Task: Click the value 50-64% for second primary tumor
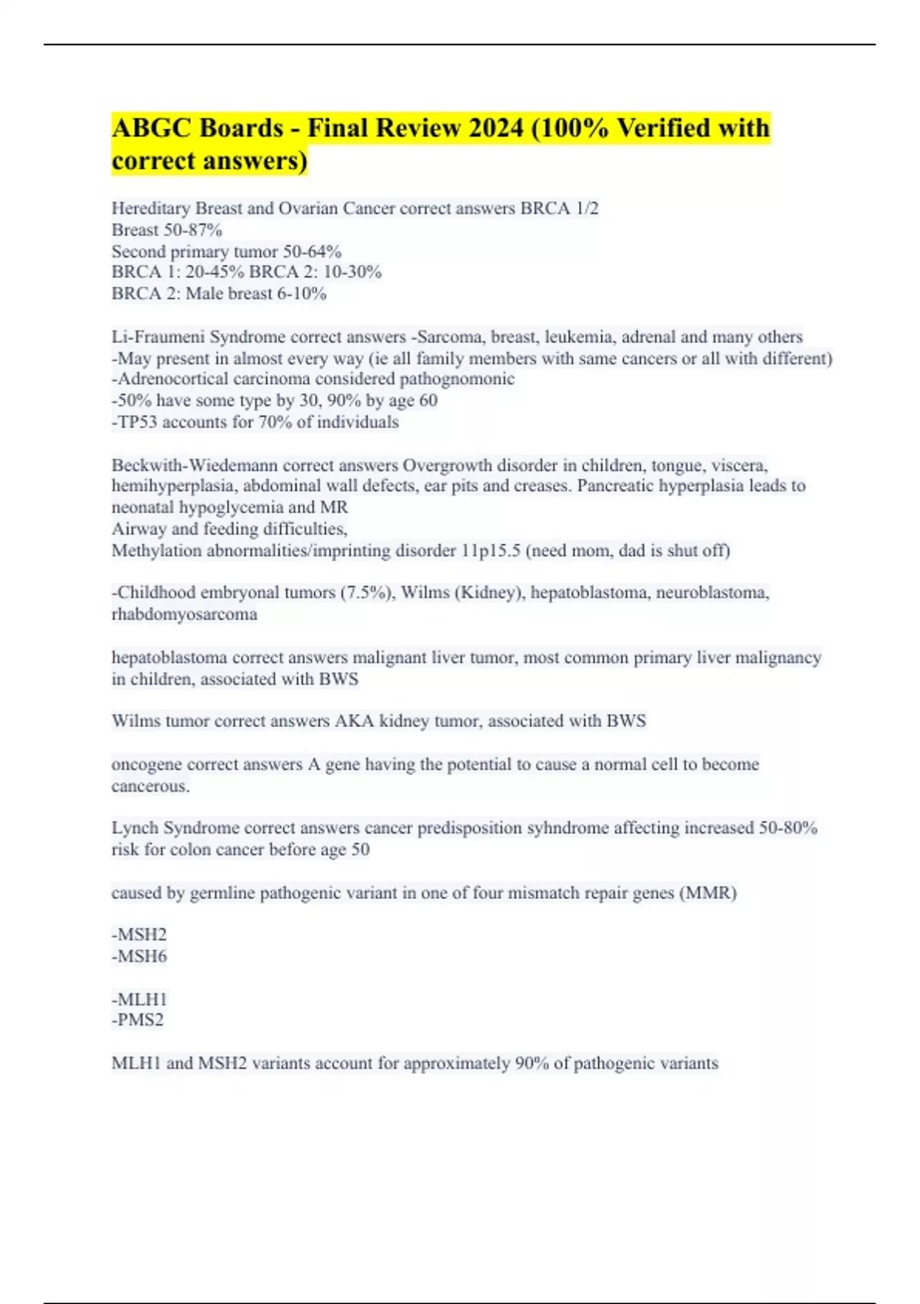click(312, 251)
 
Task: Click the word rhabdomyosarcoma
click(184, 614)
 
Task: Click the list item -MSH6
click(139, 956)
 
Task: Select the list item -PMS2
click(138, 1019)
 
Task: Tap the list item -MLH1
click(139, 999)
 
